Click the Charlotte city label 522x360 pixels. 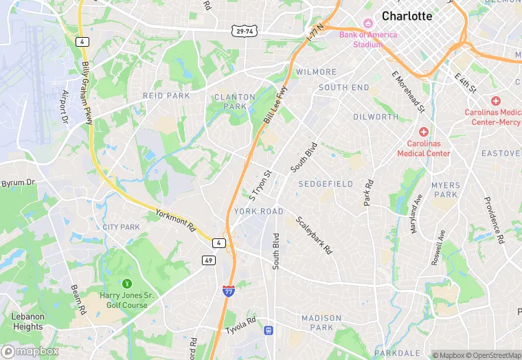[x=407, y=16]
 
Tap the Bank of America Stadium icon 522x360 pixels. [x=366, y=23]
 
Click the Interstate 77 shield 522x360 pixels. [x=227, y=291]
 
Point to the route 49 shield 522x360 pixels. [x=208, y=260]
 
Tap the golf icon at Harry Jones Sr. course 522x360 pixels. [x=126, y=283]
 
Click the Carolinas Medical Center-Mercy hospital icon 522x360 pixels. [x=495, y=101]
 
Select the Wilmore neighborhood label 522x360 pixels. [x=316, y=72]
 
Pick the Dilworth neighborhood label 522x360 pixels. [x=376, y=117]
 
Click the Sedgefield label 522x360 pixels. [x=326, y=184]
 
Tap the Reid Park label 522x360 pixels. [x=166, y=95]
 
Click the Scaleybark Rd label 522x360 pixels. [x=314, y=236]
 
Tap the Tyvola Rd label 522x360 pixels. [x=241, y=326]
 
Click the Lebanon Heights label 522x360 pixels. [x=27, y=322]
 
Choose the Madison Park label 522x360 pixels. [x=321, y=323]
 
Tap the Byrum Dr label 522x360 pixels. [x=18, y=183]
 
